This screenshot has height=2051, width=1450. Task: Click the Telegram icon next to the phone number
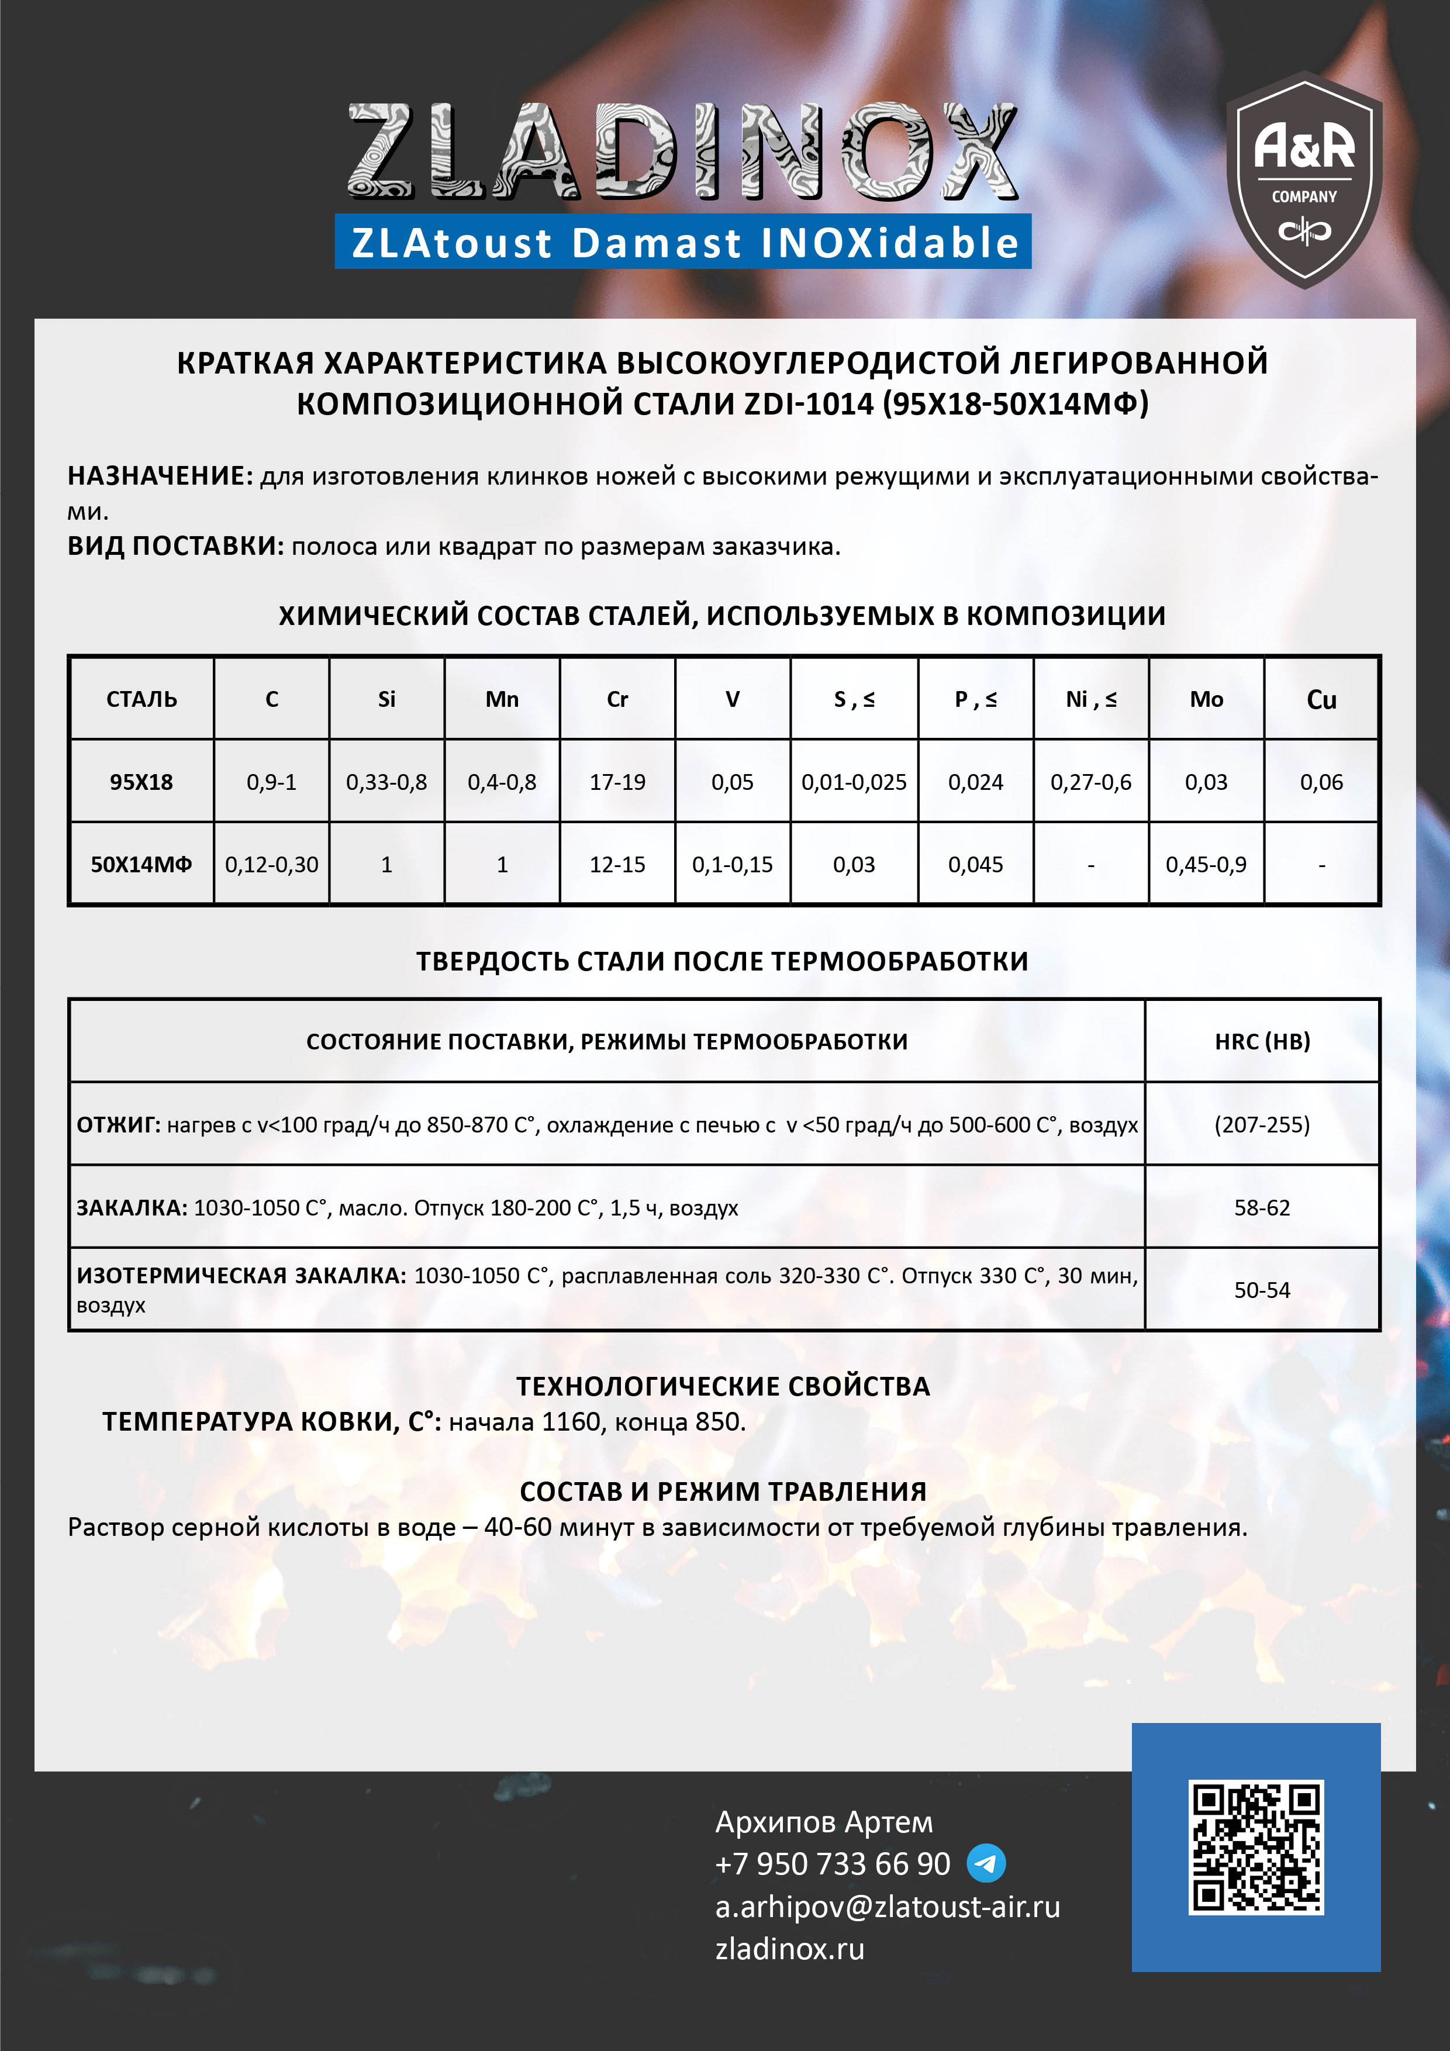coord(986,1863)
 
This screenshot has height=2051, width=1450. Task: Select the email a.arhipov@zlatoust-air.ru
coord(887,1906)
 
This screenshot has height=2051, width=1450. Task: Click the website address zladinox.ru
coord(789,1948)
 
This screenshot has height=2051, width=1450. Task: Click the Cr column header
coord(617,699)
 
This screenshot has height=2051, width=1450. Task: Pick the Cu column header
coord(1321,699)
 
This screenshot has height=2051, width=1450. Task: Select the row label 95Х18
coord(141,782)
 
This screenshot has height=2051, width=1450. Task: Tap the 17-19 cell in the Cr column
coord(617,782)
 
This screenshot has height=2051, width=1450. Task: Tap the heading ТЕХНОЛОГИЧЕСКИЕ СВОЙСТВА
coord(723,1386)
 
